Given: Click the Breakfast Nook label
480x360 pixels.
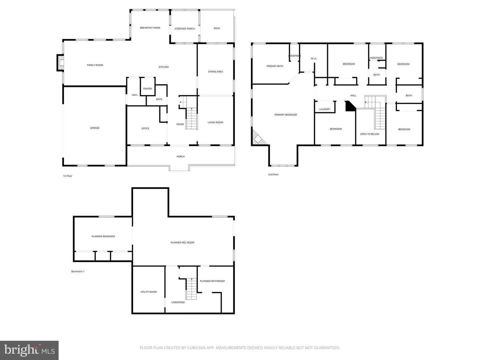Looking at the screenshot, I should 150,28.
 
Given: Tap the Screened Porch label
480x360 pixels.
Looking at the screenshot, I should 185,29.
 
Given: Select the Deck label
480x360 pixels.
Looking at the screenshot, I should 217,28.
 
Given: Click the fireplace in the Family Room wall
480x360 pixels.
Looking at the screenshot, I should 60,63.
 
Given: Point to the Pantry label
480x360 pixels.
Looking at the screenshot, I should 148,89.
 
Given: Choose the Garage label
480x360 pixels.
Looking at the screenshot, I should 95,128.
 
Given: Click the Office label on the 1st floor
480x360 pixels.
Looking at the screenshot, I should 145,128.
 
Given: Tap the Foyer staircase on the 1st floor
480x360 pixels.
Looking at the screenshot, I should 191,119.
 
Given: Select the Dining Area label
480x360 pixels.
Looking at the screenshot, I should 215,72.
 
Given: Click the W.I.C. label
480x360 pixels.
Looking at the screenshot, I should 314,59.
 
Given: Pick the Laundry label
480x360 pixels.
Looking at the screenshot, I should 325,109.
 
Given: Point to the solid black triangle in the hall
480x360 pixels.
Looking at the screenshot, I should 350,107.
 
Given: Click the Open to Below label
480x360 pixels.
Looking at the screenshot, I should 370,134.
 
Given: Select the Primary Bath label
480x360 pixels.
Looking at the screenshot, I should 275,66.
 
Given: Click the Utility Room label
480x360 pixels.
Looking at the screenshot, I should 149,292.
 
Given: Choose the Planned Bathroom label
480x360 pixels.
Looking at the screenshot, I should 212,281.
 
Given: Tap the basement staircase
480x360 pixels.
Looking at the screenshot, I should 192,289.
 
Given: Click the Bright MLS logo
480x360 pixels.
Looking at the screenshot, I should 29,350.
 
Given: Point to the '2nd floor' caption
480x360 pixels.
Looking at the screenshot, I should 273,174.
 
